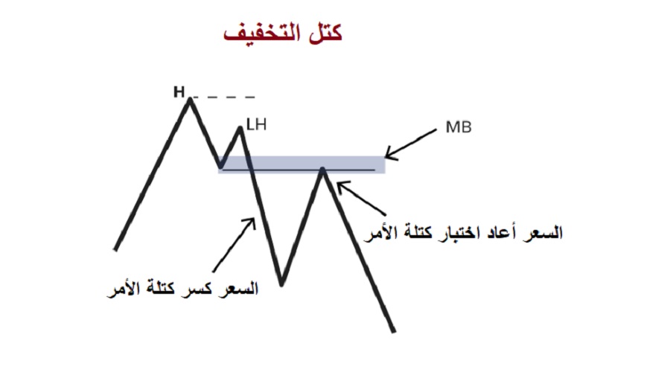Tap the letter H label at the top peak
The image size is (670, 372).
[179, 92]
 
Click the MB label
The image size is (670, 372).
[458, 127]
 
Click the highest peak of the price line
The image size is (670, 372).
[190, 99]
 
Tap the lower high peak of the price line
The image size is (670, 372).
[240, 128]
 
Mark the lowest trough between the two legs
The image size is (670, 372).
[281, 283]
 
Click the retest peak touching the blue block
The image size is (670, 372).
[322, 168]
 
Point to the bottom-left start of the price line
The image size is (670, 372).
[115, 248]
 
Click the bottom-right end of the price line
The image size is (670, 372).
[394, 330]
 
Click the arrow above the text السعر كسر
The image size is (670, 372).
[234, 242]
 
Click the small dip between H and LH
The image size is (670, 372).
[220, 166]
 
